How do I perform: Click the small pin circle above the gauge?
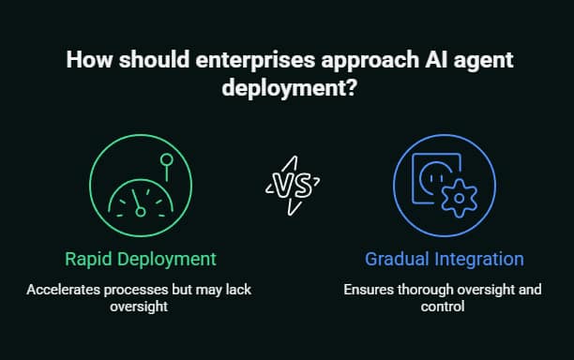tap(167, 161)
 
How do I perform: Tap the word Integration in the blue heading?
tap(477, 258)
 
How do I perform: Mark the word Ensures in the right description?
tap(366, 290)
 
